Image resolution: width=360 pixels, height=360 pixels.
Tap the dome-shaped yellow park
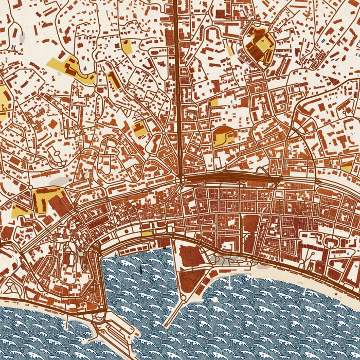[223, 135]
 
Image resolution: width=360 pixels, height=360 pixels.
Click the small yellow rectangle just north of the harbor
[147, 233]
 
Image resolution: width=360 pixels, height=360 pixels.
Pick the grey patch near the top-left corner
[21, 38]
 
